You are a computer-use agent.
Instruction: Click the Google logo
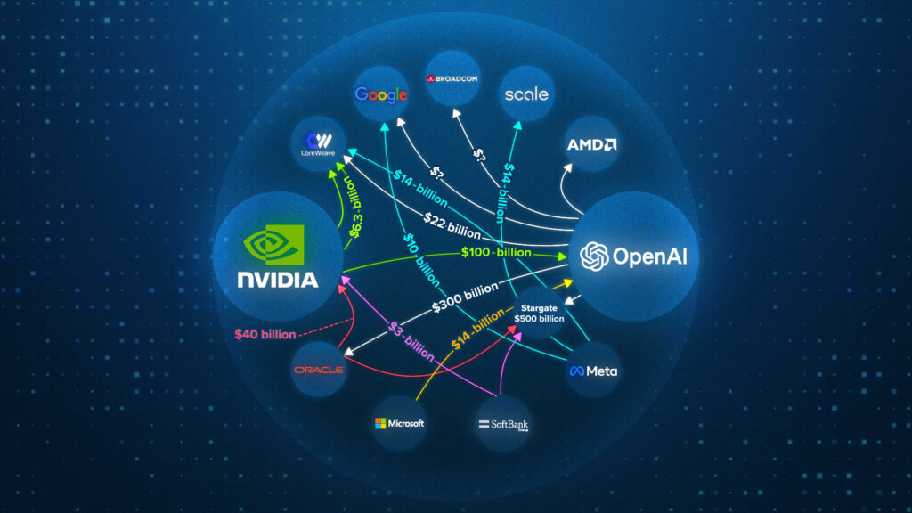tap(381, 94)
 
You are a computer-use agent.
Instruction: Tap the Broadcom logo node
tap(454, 78)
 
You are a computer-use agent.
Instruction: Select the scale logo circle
tap(525, 94)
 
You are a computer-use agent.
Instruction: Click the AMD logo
tap(592, 144)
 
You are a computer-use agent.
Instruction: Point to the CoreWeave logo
tap(317, 143)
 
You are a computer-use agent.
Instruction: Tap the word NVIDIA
tap(277, 280)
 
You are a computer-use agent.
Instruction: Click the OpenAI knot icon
tap(594, 257)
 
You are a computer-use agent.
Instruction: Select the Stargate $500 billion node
tap(539, 313)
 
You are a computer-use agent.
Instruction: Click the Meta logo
tap(594, 370)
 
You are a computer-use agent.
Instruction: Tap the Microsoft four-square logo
tap(380, 423)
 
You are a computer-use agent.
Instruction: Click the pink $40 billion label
tap(265, 335)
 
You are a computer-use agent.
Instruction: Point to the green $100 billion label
tap(496, 253)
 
